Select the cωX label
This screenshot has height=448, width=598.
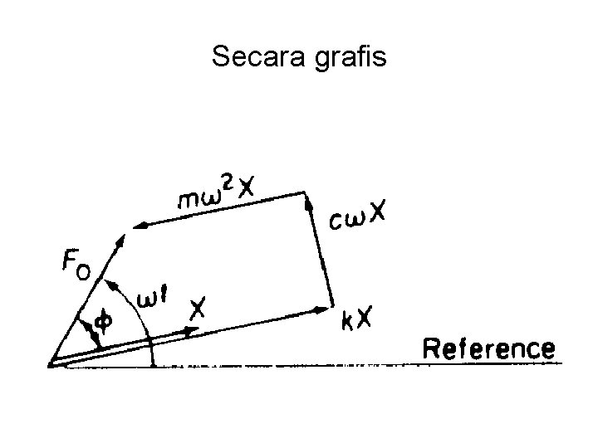click(356, 217)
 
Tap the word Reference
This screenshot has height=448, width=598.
click(488, 348)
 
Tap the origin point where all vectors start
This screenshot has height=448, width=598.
click(51, 363)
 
